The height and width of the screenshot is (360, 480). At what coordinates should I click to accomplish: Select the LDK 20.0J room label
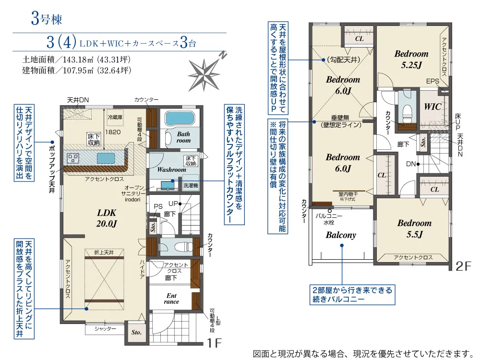[x=107, y=218]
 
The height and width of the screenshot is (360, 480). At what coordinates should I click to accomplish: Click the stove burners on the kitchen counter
[x=73, y=158]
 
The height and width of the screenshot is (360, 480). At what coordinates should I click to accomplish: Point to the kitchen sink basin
[x=106, y=158]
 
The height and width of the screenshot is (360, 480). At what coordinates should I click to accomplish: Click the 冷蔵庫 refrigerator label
[x=115, y=117]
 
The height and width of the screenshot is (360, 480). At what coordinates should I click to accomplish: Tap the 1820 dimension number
[x=113, y=132]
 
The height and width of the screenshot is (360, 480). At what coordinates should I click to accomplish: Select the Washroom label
[x=171, y=169]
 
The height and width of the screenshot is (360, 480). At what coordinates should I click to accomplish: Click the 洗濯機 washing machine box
[x=191, y=183]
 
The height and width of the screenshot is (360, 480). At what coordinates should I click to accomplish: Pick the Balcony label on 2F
[x=341, y=235]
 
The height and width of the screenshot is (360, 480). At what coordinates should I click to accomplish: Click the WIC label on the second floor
[x=432, y=107]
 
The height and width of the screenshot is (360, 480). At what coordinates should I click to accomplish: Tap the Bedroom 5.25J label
[x=411, y=59]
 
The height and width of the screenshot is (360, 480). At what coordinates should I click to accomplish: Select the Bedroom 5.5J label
[x=415, y=228]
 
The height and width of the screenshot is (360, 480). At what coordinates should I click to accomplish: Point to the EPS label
[x=432, y=82]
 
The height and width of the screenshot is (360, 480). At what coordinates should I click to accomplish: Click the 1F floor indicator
[x=214, y=343]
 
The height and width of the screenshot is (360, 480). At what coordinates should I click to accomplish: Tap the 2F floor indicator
[x=463, y=266]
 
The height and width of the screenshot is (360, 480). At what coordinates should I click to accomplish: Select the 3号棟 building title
[x=47, y=19]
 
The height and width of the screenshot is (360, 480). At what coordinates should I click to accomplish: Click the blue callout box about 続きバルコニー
[x=352, y=295]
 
